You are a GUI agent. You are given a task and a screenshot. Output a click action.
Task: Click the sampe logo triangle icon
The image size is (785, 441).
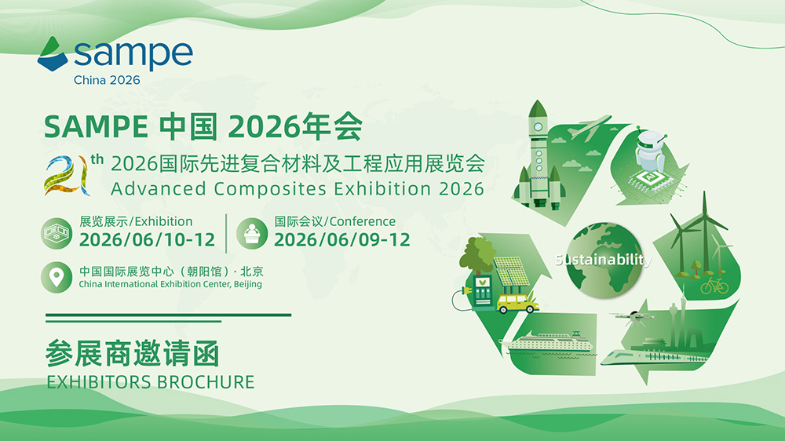click(x=52, y=54)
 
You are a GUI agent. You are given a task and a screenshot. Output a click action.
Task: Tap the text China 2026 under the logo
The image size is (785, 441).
click(x=107, y=80)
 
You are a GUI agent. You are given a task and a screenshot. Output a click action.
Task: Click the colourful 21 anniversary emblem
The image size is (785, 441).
click(x=67, y=175)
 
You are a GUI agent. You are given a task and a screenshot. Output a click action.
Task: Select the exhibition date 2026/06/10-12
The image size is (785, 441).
click(x=148, y=240)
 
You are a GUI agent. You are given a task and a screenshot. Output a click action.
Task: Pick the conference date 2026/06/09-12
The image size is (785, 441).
click(x=342, y=240)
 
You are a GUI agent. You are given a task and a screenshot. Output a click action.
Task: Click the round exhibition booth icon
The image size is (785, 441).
click(x=56, y=233)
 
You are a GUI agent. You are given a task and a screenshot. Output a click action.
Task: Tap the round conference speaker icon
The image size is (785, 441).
click(x=252, y=233)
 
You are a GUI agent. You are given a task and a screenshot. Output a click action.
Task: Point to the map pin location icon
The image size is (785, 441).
click(x=57, y=277)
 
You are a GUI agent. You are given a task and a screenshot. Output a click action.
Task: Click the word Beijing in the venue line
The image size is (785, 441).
click(x=248, y=284)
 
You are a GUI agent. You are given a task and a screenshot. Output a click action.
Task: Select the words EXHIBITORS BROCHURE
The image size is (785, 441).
click(x=150, y=382)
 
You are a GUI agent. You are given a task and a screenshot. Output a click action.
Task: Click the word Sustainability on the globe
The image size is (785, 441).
click(x=603, y=259)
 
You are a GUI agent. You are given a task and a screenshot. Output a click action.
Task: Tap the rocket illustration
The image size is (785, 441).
click(x=539, y=155)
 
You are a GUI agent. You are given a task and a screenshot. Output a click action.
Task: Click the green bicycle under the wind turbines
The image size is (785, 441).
click(x=714, y=286)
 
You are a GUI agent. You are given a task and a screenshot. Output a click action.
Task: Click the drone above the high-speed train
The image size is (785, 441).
click(x=633, y=317)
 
